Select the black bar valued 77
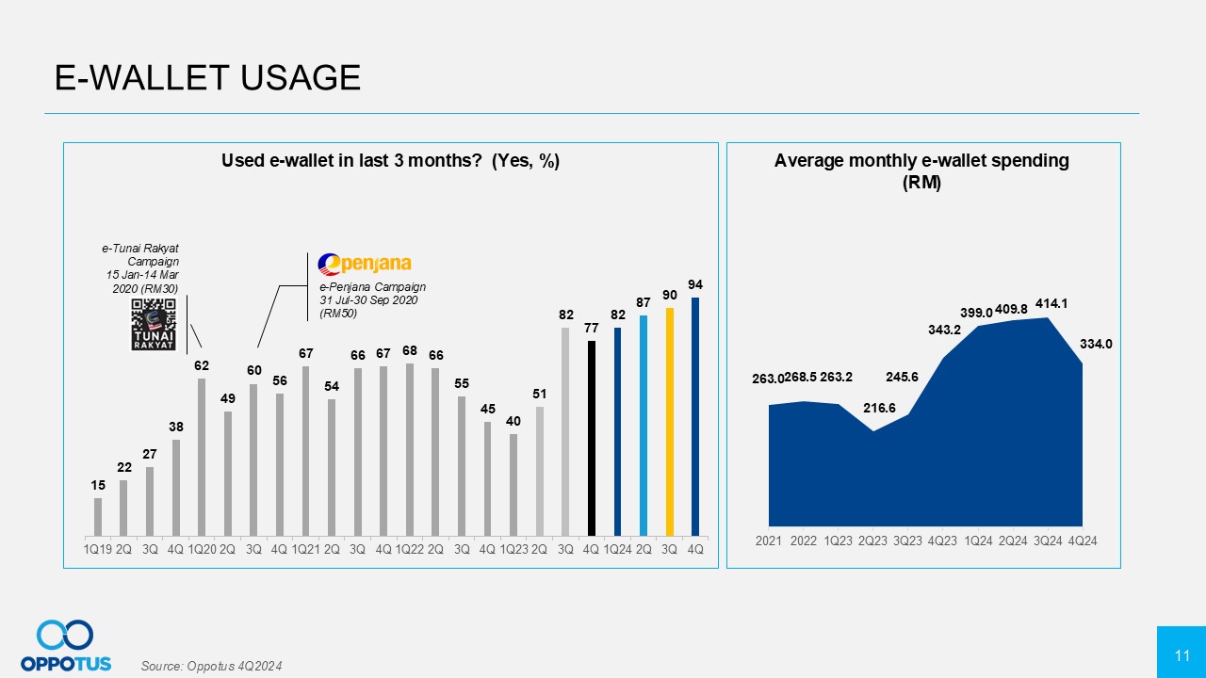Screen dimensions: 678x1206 click(592, 438)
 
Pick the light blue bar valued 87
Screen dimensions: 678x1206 click(644, 425)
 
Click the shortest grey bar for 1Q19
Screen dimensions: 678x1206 click(98, 516)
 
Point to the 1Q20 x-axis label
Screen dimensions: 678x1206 click(202, 546)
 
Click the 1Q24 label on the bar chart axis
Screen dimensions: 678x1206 click(617, 546)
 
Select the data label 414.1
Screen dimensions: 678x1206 click(1055, 303)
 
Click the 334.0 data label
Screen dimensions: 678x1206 click(1096, 345)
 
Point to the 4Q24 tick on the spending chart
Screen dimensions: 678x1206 click(1082, 541)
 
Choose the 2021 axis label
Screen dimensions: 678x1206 click(769, 541)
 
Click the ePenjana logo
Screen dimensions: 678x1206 click(365, 263)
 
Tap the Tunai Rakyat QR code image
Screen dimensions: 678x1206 click(153, 324)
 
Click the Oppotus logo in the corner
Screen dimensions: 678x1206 click(66, 645)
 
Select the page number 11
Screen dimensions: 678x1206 click(1182, 654)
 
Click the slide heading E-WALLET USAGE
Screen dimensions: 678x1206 click(207, 78)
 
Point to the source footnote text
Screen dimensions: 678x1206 click(211, 666)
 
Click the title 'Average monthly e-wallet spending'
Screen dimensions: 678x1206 click(921, 160)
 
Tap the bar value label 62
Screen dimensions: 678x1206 click(202, 365)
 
